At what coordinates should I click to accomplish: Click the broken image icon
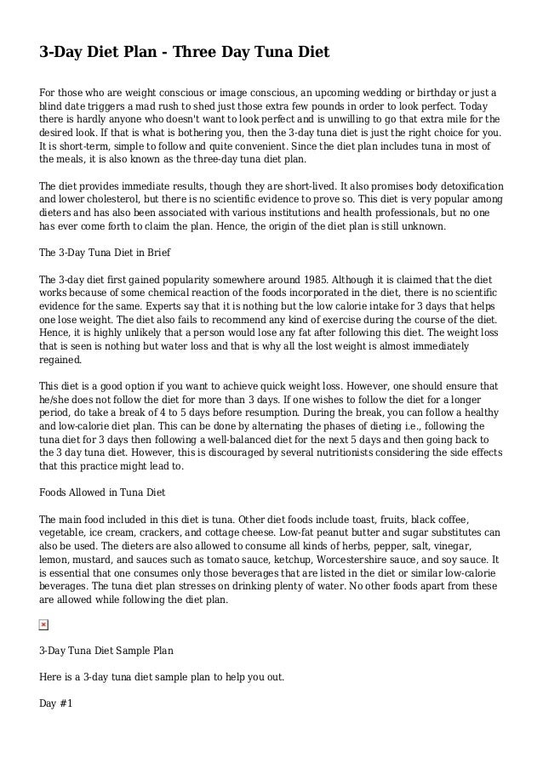[x=44, y=625]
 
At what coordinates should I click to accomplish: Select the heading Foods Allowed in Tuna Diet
[x=102, y=492]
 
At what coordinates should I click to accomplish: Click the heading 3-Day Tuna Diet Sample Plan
[x=106, y=651]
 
